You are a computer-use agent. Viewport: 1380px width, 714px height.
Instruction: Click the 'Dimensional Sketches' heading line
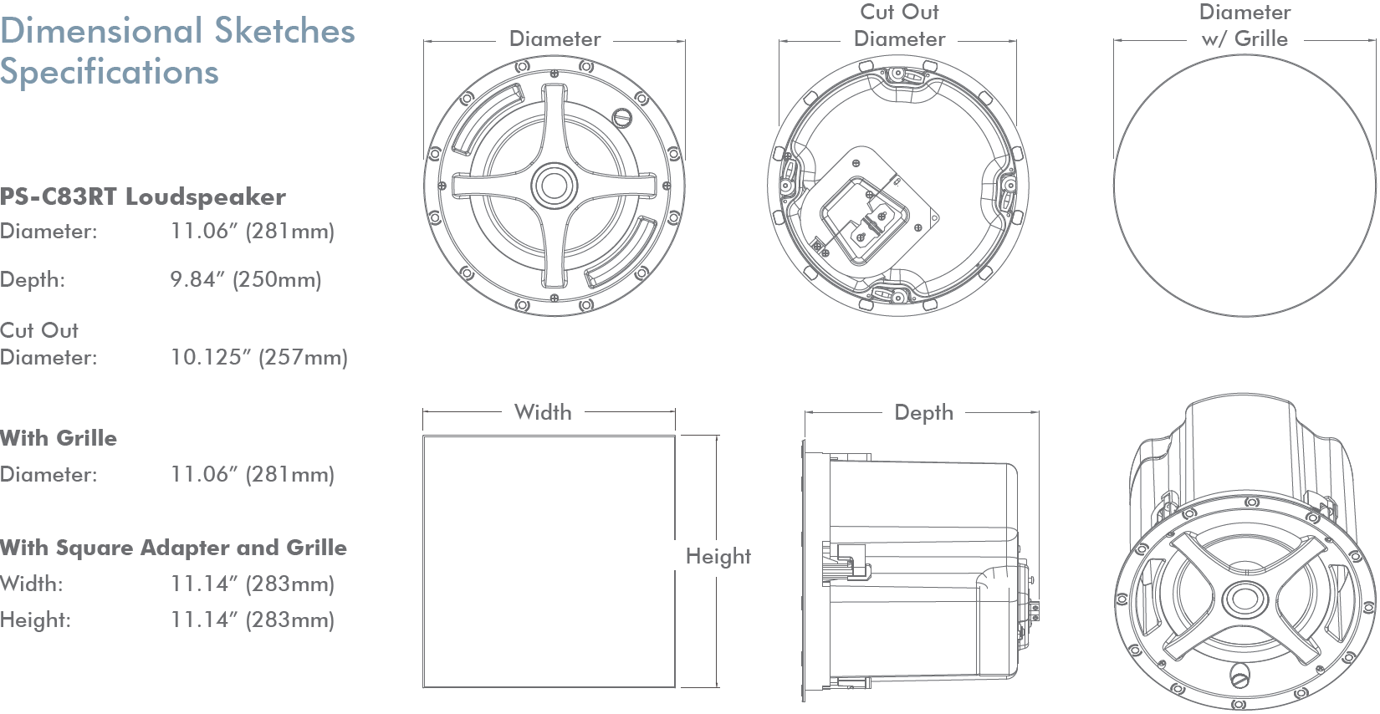pos(177,32)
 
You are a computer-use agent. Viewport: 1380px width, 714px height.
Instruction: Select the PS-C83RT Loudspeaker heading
pos(143,197)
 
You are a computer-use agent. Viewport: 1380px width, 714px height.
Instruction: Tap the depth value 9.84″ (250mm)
pos(246,279)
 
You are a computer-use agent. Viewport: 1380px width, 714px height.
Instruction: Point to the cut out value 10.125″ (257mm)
pos(259,358)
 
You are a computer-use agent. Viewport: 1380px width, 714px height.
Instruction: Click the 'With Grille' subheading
pos(59,438)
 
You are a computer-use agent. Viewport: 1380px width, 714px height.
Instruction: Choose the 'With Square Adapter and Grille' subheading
pos(173,548)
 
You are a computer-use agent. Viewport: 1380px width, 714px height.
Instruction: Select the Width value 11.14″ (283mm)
pos(253,584)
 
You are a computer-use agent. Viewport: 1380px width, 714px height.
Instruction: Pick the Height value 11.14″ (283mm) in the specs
pos(253,620)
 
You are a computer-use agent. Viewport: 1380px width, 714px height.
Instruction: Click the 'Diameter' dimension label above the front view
pos(555,39)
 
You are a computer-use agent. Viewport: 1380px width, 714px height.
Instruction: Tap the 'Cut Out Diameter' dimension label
pos(900,26)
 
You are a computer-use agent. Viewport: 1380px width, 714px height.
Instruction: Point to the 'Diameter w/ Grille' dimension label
pos(1245,26)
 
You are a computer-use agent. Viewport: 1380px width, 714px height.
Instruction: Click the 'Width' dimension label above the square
pos(544,412)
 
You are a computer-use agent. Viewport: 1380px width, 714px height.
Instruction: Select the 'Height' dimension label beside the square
pos(718,557)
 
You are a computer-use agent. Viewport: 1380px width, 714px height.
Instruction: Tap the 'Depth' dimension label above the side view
pos(924,413)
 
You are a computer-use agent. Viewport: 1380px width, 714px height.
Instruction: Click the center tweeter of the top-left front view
pos(554,185)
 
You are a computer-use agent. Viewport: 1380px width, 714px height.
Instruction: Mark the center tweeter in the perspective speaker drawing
pos(1243,599)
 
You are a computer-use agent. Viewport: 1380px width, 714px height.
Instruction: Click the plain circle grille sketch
pos(1245,185)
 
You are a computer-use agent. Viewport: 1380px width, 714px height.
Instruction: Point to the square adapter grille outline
pos(549,562)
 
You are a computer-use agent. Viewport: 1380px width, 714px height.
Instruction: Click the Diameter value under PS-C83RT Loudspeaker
pos(253,232)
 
